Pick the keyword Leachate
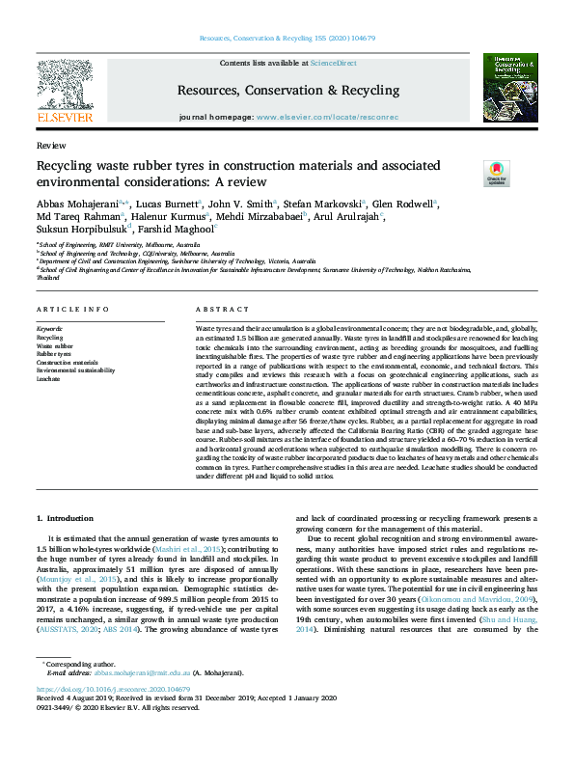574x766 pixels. tap(48, 378)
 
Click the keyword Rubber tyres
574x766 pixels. tap(54, 354)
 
